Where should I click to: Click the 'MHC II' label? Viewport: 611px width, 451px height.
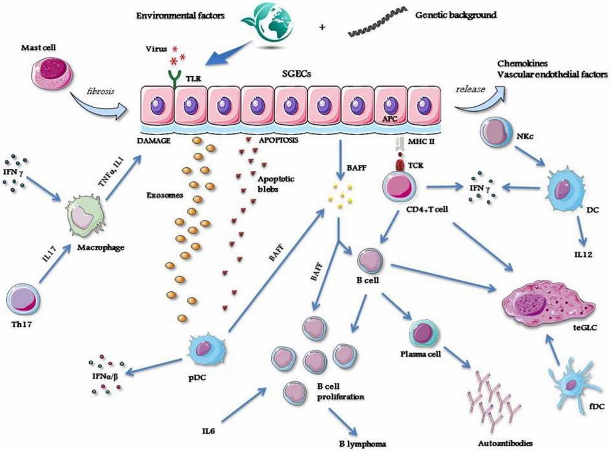(x=423, y=141)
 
